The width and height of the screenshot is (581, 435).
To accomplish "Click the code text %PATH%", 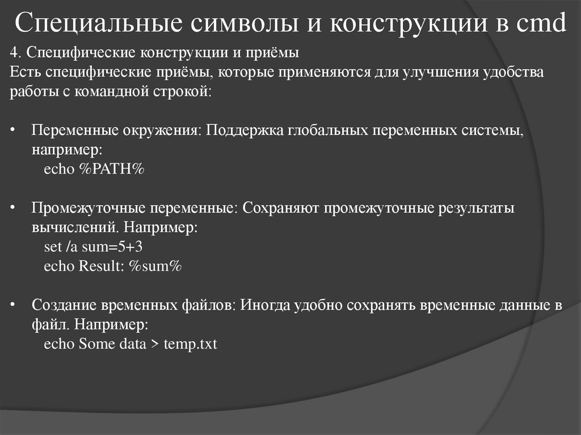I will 112,170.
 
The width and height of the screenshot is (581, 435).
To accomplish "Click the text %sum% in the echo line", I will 154,267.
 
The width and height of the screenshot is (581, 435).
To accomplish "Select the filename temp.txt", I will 190,344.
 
